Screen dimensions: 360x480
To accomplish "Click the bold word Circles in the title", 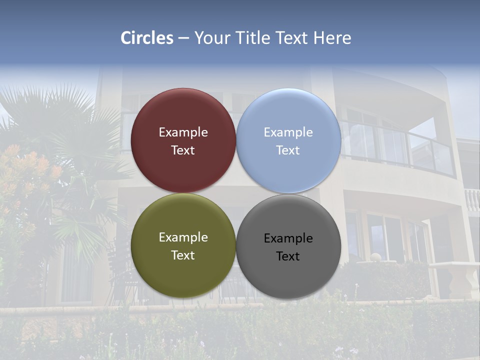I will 147,38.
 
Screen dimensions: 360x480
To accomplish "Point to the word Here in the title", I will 332,38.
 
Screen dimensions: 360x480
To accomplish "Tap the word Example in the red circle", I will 183,132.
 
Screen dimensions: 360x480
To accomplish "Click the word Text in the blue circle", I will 288,150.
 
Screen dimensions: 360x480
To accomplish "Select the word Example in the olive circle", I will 183,237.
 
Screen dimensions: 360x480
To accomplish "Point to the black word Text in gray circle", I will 288,256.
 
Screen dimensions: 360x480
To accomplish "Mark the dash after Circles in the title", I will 183,38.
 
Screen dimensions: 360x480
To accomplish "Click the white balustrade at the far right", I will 472,200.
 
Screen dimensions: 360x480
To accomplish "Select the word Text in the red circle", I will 183,150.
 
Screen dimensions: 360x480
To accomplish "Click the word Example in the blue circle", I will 288,132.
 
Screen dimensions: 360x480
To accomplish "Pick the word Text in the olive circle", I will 183,255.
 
